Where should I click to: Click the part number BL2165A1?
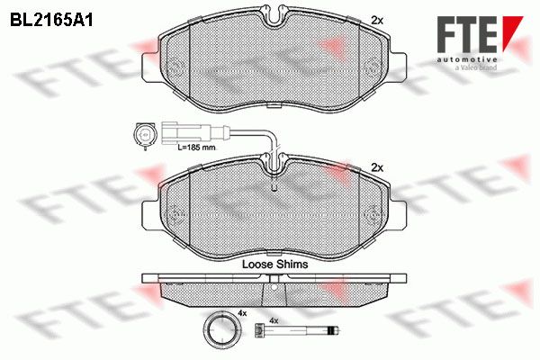tap(51, 20)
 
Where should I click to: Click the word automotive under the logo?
tap(467, 60)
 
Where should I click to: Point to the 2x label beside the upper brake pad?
tap(377, 21)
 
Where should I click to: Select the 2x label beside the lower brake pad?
tap(377, 168)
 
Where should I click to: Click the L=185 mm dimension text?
tap(196, 148)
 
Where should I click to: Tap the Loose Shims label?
tap(275, 265)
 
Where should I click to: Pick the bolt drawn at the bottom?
tap(298, 331)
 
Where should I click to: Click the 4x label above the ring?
tap(242, 313)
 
